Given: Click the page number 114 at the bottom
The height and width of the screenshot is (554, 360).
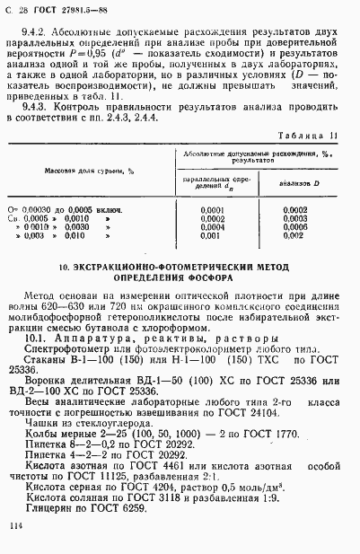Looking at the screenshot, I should coord(14,527).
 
